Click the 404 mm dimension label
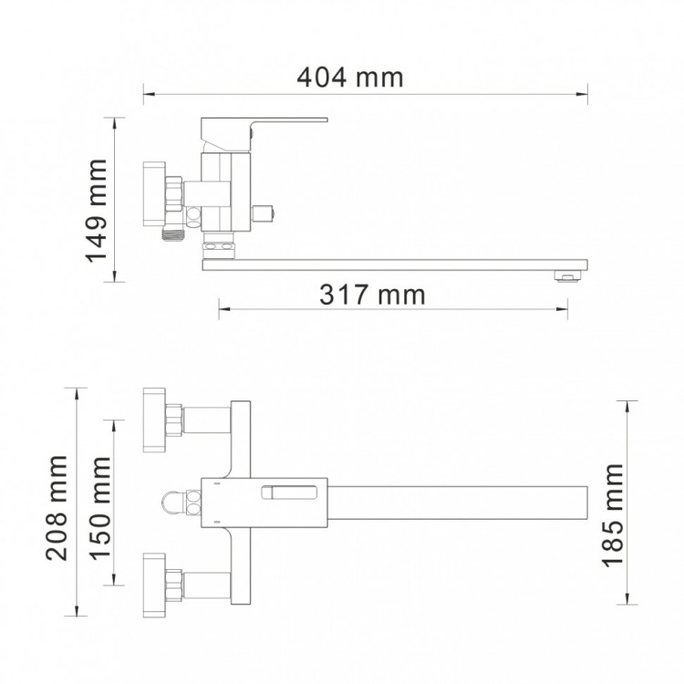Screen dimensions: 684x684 350,78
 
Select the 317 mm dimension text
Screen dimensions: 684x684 372,295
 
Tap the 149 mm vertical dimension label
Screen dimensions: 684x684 97,212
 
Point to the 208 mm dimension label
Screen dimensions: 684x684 57,508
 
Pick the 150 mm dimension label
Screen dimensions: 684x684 100,508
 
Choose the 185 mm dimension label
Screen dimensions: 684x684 613,515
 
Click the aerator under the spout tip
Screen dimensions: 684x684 567,275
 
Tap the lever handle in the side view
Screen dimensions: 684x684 264,130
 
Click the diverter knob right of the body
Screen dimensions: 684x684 264,212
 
